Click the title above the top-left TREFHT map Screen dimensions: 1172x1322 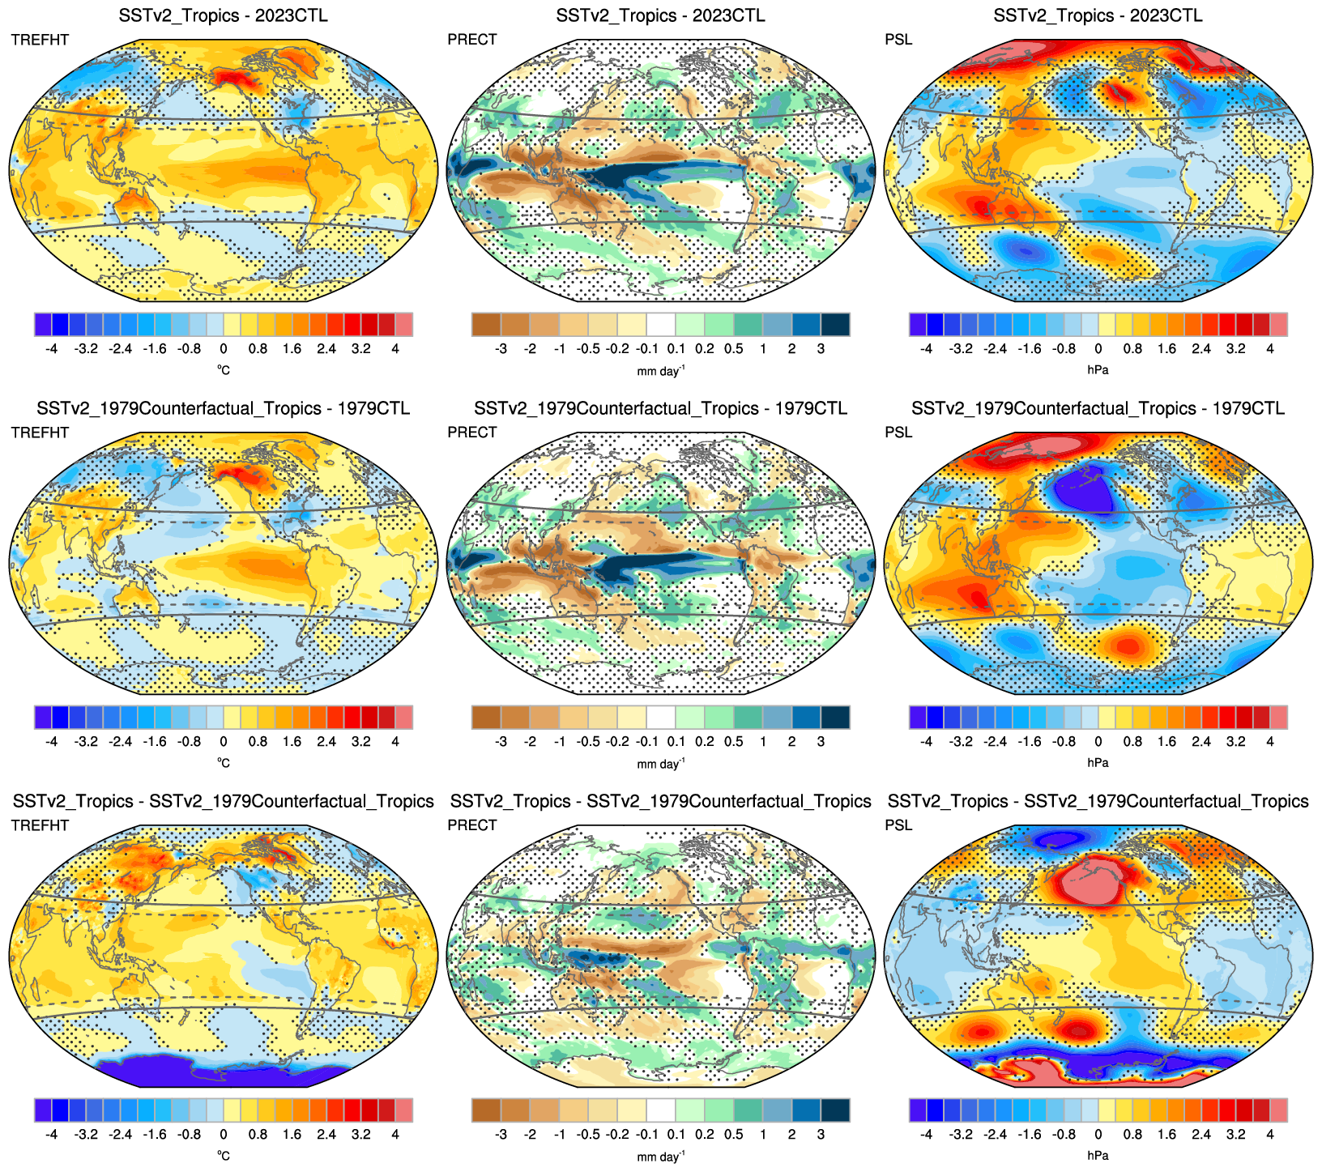coord(223,15)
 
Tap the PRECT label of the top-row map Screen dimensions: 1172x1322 coord(471,40)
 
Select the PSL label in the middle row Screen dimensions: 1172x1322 coord(898,433)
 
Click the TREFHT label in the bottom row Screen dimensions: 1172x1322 coord(40,825)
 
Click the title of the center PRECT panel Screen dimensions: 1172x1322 coord(660,408)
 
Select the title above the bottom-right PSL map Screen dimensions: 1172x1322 coord(1098,801)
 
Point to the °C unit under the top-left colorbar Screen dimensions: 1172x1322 coord(224,370)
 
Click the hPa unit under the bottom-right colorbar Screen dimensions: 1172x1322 coord(1098,1156)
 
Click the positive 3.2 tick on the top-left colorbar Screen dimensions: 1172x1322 coord(361,349)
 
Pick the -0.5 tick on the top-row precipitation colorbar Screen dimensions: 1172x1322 coord(588,349)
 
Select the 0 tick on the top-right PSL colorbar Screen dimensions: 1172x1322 coord(1098,349)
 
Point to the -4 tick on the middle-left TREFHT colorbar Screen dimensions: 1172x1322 coord(52,742)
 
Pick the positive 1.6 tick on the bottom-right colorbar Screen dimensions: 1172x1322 coord(1166,1135)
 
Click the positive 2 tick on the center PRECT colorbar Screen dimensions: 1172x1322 coord(791,742)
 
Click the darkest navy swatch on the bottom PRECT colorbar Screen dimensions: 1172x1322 coord(835,1110)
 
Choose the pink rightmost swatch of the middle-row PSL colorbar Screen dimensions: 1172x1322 coord(1278,717)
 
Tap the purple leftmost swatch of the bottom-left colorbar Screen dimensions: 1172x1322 coord(43,1110)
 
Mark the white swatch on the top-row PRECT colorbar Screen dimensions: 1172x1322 coord(660,324)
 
